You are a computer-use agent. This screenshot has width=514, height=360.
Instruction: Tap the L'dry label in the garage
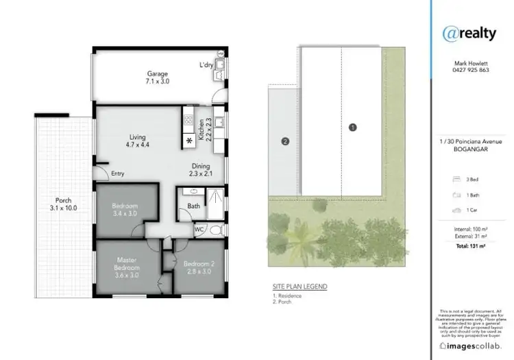(206, 65)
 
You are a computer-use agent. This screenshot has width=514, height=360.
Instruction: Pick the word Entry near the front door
(117, 173)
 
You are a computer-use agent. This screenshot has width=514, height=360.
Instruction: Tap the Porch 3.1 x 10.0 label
(64, 204)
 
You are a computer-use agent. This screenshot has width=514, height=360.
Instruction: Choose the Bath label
(193, 206)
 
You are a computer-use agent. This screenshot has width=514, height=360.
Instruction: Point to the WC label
(200, 229)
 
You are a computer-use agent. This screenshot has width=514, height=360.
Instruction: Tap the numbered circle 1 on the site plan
(352, 127)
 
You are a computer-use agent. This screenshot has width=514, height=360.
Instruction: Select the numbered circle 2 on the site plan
(284, 142)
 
